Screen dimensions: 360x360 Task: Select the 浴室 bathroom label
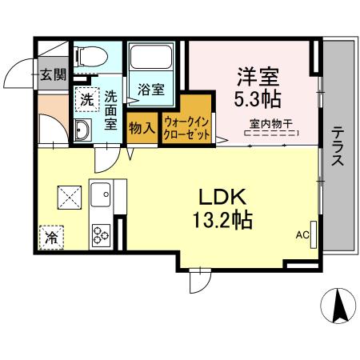(x=152, y=89)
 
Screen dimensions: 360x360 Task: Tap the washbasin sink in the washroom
(x=82, y=131)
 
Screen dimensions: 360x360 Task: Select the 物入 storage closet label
(x=141, y=127)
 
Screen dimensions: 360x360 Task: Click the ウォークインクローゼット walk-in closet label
(x=188, y=129)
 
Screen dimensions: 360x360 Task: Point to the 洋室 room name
(x=255, y=78)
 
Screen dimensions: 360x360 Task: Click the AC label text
(x=302, y=234)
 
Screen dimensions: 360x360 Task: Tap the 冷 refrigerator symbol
(x=50, y=237)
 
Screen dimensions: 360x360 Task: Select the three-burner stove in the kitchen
(x=102, y=234)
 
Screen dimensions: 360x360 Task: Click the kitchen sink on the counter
(x=102, y=194)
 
